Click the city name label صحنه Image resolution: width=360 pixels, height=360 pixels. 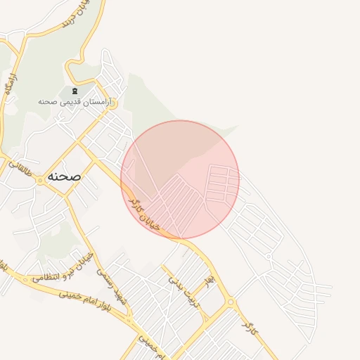coord(64,176)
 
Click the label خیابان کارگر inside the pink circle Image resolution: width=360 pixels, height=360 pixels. coord(145,214)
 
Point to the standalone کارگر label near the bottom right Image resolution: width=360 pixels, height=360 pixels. coord(247,325)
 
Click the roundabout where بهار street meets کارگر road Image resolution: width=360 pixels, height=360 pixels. coord(231,302)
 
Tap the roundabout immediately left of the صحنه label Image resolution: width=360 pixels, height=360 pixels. coord(41,180)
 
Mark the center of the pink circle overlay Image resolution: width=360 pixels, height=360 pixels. coord(180,179)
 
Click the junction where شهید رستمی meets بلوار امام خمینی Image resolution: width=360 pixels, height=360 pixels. coord(129,321)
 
